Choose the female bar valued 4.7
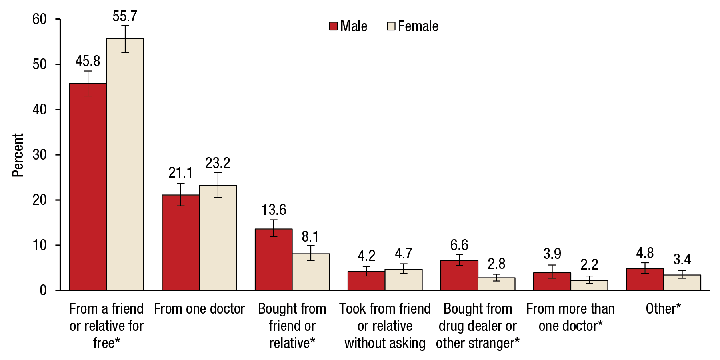click(403, 280)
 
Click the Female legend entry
click(413, 26)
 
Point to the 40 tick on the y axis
click(58, 109)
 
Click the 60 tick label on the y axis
click(40, 19)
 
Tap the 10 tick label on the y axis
click(40, 245)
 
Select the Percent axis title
click(18, 155)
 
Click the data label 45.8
click(88, 61)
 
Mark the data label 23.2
click(218, 163)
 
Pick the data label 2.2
click(589, 264)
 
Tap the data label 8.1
click(310, 237)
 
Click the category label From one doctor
click(199, 309)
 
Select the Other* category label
click(663, 309)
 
